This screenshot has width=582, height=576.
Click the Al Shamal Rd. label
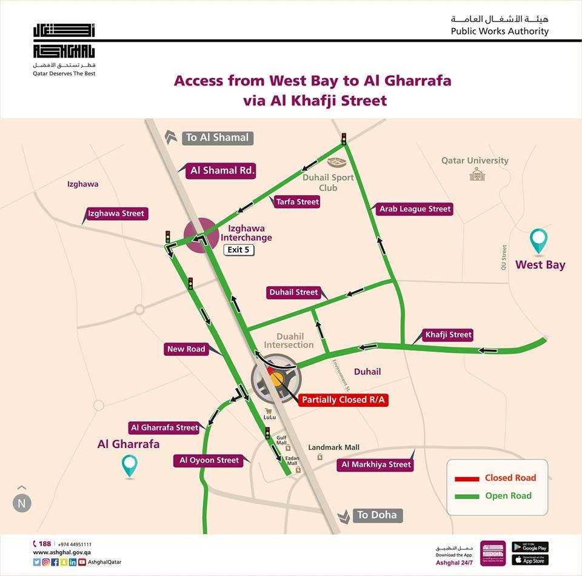[x=222, y=171]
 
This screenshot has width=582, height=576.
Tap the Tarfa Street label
[x=297, y=202]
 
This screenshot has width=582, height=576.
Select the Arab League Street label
[x=415, y=209]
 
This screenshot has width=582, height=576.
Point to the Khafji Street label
[x=448, y=335]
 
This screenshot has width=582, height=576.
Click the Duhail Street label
[x=293, y=292]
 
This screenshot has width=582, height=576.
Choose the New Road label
[x=187, y=349]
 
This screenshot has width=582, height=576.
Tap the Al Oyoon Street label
[x=209, y=460]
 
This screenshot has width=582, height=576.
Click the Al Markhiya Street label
[x=376, y=464]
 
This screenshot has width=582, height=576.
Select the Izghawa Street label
[x=116, y=213]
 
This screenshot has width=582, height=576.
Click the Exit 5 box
[x=238, y=250]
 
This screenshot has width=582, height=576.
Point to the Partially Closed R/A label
[x=344, y=400]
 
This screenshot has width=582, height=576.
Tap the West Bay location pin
[x=538, y=241]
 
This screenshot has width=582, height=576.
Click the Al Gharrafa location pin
[x=129, y=466]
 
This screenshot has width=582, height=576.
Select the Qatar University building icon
[x=475, y=175]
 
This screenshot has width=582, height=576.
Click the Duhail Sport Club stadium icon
[x=335, y=162]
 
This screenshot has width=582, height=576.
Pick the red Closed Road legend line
[x=467, y=478]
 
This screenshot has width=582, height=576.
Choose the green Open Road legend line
[x=467, y=496]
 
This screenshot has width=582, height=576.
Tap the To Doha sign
[x=376, y=515]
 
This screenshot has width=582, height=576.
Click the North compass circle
[x=22, y=503]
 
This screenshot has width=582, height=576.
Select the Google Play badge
[x=530, y=548]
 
